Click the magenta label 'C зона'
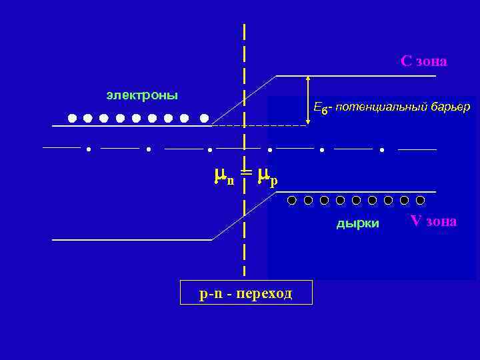423,61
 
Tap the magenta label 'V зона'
433,221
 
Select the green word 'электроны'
142,95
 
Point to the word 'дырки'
357,223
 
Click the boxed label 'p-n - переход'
246,293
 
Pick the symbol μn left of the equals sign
223,176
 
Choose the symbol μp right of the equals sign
267,176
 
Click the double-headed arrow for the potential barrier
308,100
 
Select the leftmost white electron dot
72,118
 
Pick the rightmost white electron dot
205,118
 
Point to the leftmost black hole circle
292,199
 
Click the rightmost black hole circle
420,199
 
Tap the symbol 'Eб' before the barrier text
320,108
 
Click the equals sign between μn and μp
246,173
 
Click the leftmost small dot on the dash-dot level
89,149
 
